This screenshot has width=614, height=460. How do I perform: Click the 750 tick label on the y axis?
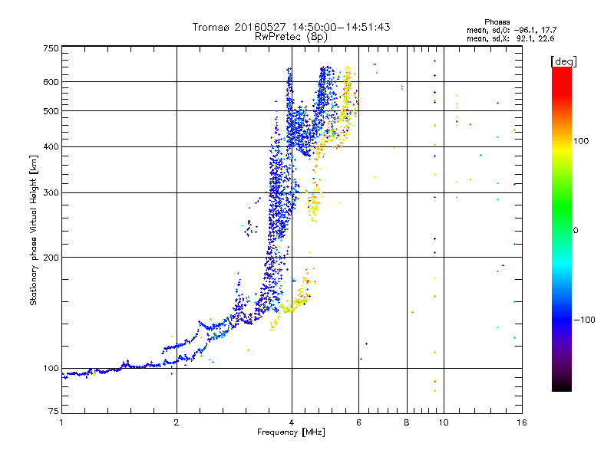tap(51, 48)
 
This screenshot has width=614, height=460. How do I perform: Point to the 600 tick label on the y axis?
tap(51, 82)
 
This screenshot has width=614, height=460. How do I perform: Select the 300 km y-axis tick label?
tap(51, 193)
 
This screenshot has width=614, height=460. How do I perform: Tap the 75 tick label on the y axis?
tap(54, 411)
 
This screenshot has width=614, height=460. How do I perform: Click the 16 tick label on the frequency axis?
tap(522, 422)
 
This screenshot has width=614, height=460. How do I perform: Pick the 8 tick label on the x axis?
tap(407, 422)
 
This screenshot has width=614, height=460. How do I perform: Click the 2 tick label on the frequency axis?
tap(177, 422)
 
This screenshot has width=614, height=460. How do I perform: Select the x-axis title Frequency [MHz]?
tap(292, 432)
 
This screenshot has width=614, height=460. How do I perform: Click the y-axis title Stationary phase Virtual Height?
tap(34, 231)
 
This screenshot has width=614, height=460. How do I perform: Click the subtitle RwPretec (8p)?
tap(291, 37)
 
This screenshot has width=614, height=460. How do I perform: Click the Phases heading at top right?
tap(497, 22)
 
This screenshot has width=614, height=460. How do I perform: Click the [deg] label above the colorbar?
tap(563, 61)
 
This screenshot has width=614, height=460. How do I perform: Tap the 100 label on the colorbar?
tap(581, 141)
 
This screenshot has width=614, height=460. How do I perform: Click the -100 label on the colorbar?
tap(585, 320)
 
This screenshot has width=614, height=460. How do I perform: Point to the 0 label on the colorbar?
tap(576, 231)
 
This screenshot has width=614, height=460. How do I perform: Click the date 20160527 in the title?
tap(261, 27)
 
